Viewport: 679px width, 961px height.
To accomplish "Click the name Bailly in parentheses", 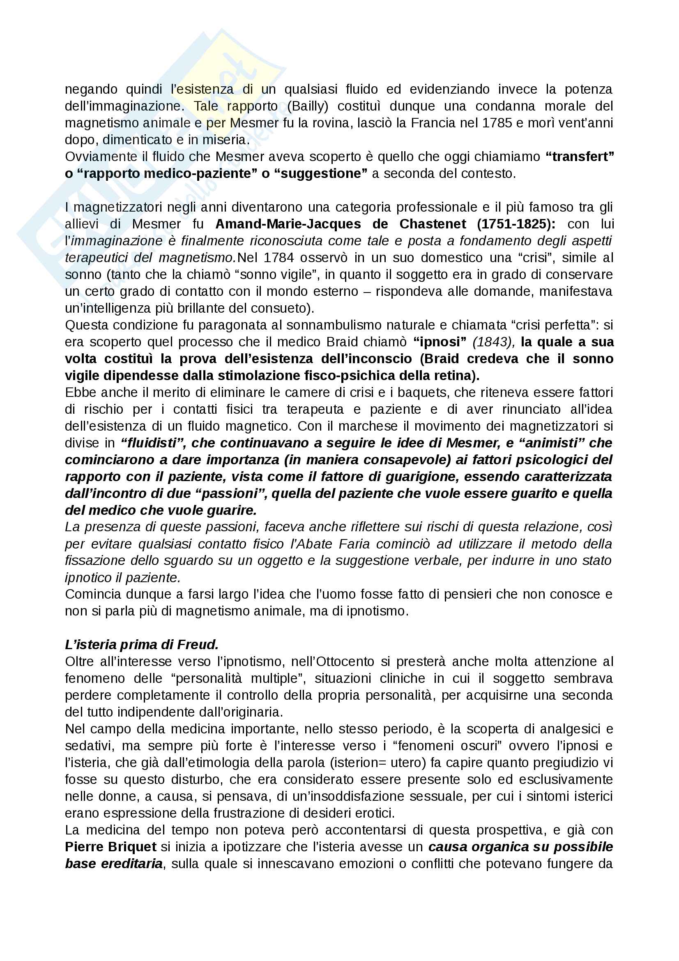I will (x=308, y=106).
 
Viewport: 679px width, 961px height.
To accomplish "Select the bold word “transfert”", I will (x=580, y=157).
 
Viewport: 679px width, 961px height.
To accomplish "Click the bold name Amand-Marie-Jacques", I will (x=288, y=224).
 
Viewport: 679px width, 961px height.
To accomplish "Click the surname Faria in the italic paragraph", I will (x=354, y=544).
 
